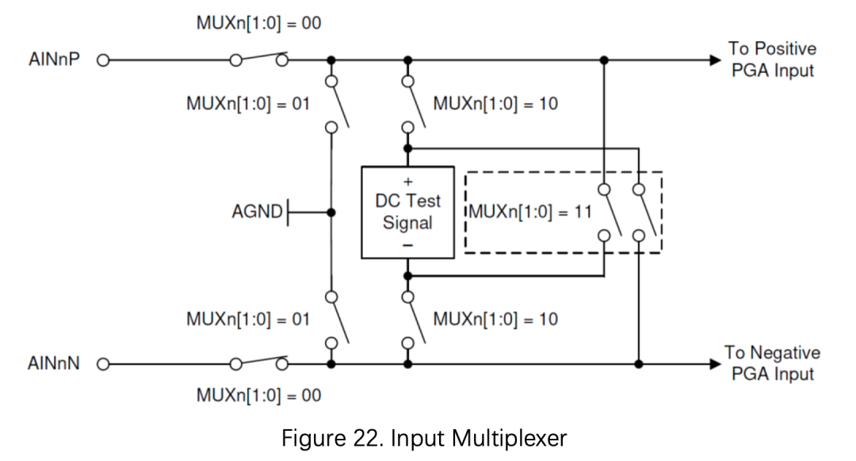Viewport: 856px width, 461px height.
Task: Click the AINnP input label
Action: tap(54, 59)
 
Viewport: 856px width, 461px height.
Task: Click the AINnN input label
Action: tap(54, 363)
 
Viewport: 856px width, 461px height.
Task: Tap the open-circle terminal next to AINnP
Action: tap(103, 60)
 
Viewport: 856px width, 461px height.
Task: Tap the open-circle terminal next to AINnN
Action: tap(103, 363)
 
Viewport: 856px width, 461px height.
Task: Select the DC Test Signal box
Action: tap(408, 212)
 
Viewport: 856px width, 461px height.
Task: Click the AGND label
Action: tap(257, 211)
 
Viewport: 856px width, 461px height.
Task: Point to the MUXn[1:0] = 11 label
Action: tap(530, 211)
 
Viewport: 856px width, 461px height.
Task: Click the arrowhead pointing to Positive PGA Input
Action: tap(715, 60)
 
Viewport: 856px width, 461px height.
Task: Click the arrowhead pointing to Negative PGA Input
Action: tap(715, 363)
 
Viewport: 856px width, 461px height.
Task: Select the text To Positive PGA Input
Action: tap(773, 59)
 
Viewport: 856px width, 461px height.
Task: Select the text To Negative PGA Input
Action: tap(773, 363)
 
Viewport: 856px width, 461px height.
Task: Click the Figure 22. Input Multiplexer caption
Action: tap(424, 438)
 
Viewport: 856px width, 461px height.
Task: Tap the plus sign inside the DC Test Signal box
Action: tap(408, 182)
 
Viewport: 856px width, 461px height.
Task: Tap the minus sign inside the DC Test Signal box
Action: tap(408, 245)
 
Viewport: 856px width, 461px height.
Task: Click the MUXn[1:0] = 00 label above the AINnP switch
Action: tap(258, 23)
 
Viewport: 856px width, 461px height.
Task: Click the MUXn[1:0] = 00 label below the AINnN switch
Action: tap(258, 395)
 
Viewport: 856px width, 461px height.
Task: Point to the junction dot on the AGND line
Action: tap(331, 212)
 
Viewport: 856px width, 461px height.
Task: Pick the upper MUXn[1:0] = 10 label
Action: tap(495, 103)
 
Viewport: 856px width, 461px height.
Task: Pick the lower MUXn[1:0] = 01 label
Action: tap(248, 319)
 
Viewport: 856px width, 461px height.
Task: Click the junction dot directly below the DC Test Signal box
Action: tap(408, 276)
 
